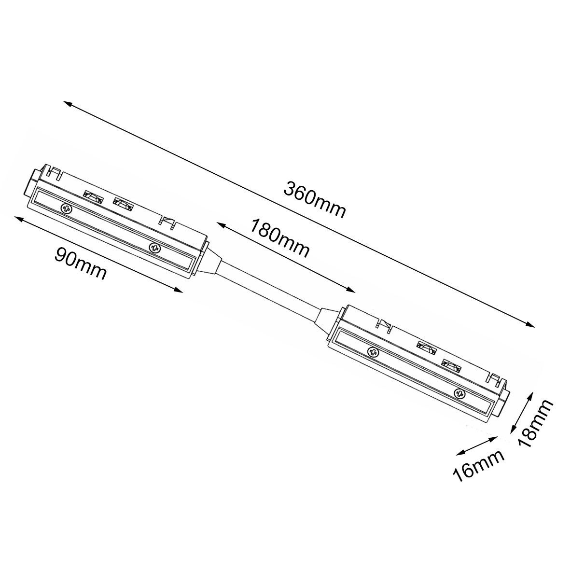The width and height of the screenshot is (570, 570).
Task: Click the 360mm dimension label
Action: [315, 200]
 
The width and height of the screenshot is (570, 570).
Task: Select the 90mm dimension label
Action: [81, 263]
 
